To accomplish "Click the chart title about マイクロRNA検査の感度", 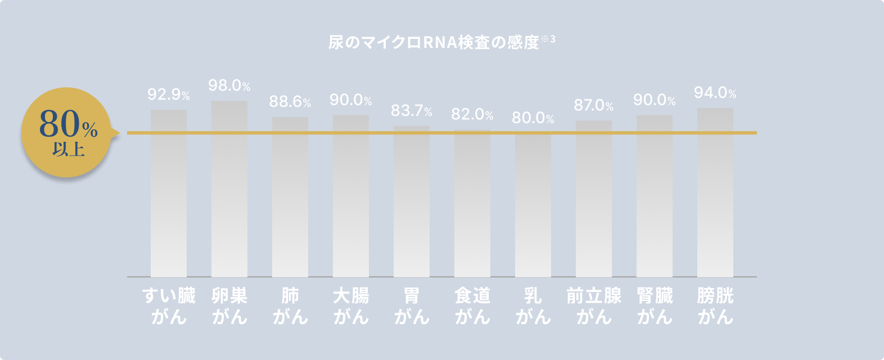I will pyautogui.click(x=434, y=43).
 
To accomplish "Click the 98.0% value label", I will pyautogui.click(x=229, y=86).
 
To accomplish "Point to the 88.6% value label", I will pyautogui.click(x=290, y=102).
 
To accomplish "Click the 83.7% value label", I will pyautogui.click(x=411, y=111).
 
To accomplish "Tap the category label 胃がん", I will pyautogui.click(x=412, y=306).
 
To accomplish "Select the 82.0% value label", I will pyautogui.click(x=472, y=115).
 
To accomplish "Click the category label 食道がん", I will pyautogui.click(x=472, y=306).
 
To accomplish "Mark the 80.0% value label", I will pyautogui.click(x=533, y=118).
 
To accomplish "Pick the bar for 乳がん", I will pyautogui.click(x=533, y=205).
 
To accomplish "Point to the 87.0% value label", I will pyautogui.click(x=593, y=105).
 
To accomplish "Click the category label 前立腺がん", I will pyautogui.click(x=594, y=306).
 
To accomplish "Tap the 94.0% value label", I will pyautogui.click(x=715, y=93).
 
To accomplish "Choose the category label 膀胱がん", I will pyautogui.click(x=715, y=306).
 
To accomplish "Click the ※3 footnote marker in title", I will pyautogui.click(x=548, y=39).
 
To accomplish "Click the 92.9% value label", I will pyautogui.click(x=168, y=95).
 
